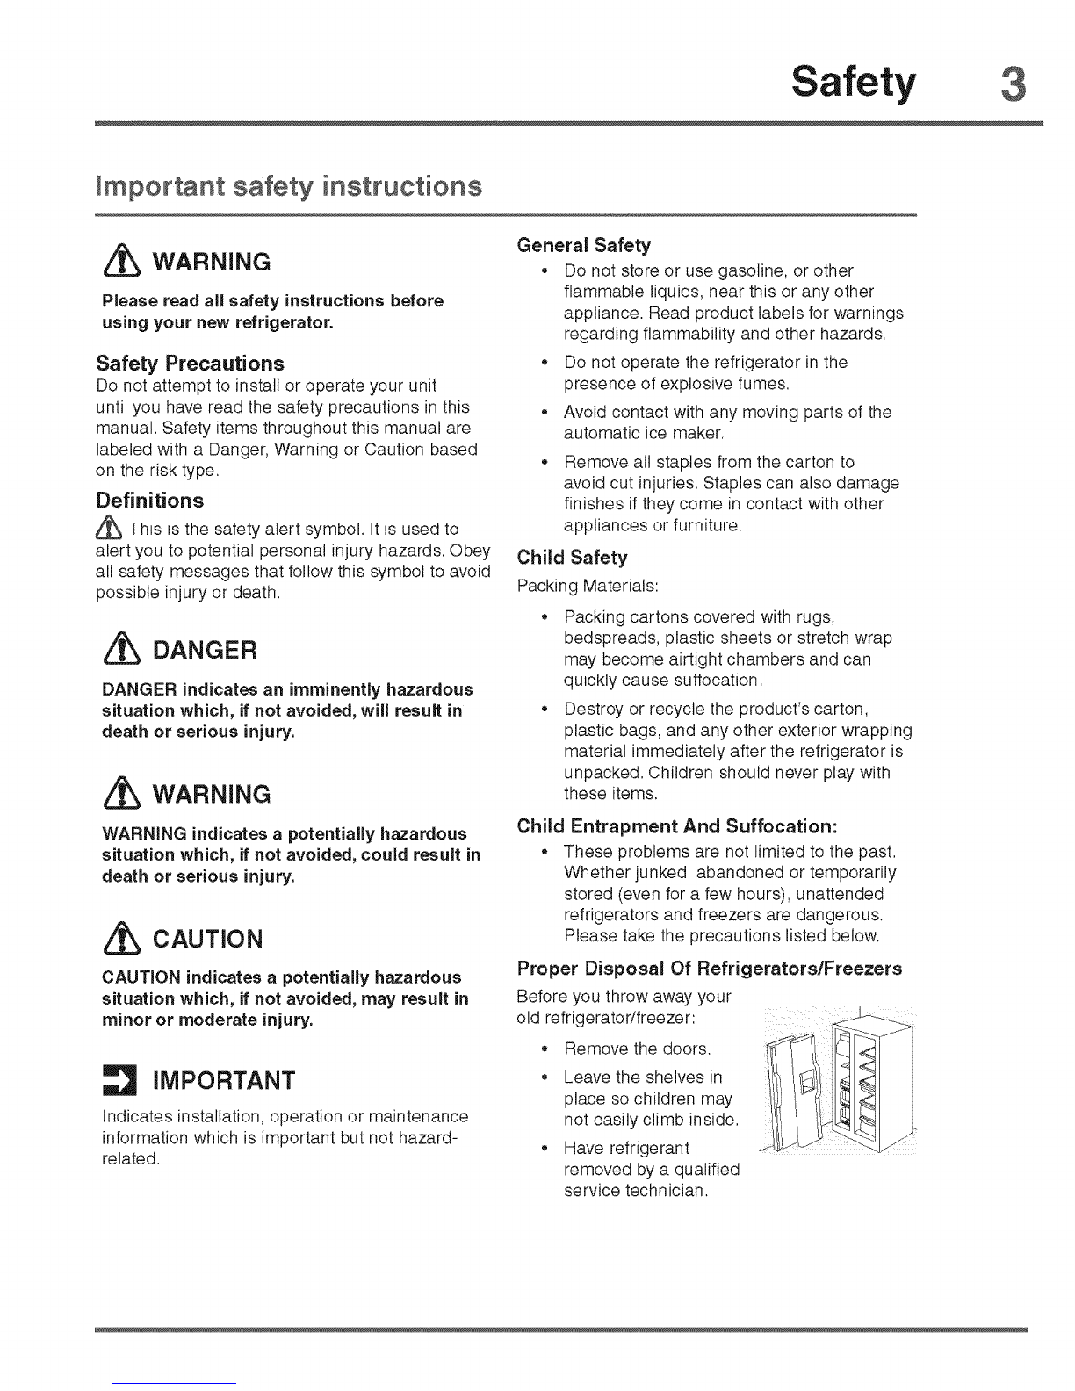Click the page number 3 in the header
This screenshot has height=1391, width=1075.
[1012, 84]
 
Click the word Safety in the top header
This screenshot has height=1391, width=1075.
[853, 84]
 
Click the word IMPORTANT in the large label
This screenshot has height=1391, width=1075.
[224, 1080]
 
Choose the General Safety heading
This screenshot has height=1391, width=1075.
[583, 244]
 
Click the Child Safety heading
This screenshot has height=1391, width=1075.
[573, 558]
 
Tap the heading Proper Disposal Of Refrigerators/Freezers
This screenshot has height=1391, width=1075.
[710, 969]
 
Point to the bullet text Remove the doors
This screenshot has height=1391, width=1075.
[637, 1049]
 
